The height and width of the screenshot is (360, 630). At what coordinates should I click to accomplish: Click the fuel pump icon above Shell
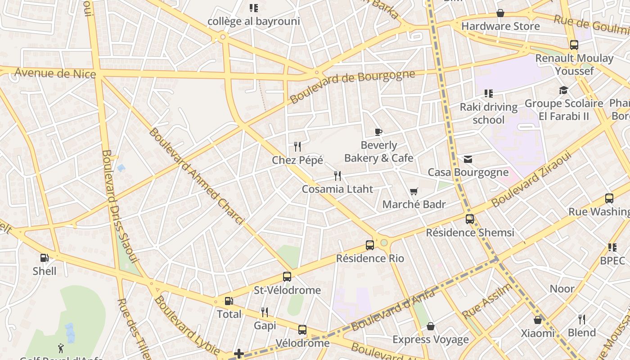pos(44,258)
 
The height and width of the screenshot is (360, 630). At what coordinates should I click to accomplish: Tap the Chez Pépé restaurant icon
pos(297,146)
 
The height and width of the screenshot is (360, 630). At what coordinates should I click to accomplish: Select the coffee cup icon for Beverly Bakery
pos(378,132)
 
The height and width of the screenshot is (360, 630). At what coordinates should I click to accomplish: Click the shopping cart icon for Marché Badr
pos(414,191)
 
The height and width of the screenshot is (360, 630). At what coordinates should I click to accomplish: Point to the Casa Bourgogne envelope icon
pos(468,159)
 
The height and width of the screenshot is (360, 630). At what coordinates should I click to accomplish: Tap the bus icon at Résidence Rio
pos(370,245)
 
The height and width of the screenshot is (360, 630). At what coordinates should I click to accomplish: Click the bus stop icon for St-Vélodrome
pos(287,277)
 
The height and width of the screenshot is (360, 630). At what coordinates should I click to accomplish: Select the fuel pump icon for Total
pos(229,301)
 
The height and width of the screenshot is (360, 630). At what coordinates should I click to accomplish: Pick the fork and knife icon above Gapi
pos(265,312)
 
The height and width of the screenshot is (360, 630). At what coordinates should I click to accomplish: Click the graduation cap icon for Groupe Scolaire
pos(563,90)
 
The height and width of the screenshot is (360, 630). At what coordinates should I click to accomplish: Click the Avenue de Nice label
pos(55,73)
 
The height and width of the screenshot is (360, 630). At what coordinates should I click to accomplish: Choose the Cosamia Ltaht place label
pos(337,189)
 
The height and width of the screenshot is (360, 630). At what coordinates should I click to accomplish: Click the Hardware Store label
pos(500,26)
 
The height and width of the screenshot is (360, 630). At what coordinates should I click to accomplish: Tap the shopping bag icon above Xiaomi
pos(538,320)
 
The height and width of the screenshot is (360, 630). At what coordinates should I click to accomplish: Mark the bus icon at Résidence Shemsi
pos(470,219)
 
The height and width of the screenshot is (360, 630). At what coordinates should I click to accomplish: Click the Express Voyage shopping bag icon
pos(431,326)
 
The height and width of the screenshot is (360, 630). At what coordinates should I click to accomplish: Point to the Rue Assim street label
pos(488,301)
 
